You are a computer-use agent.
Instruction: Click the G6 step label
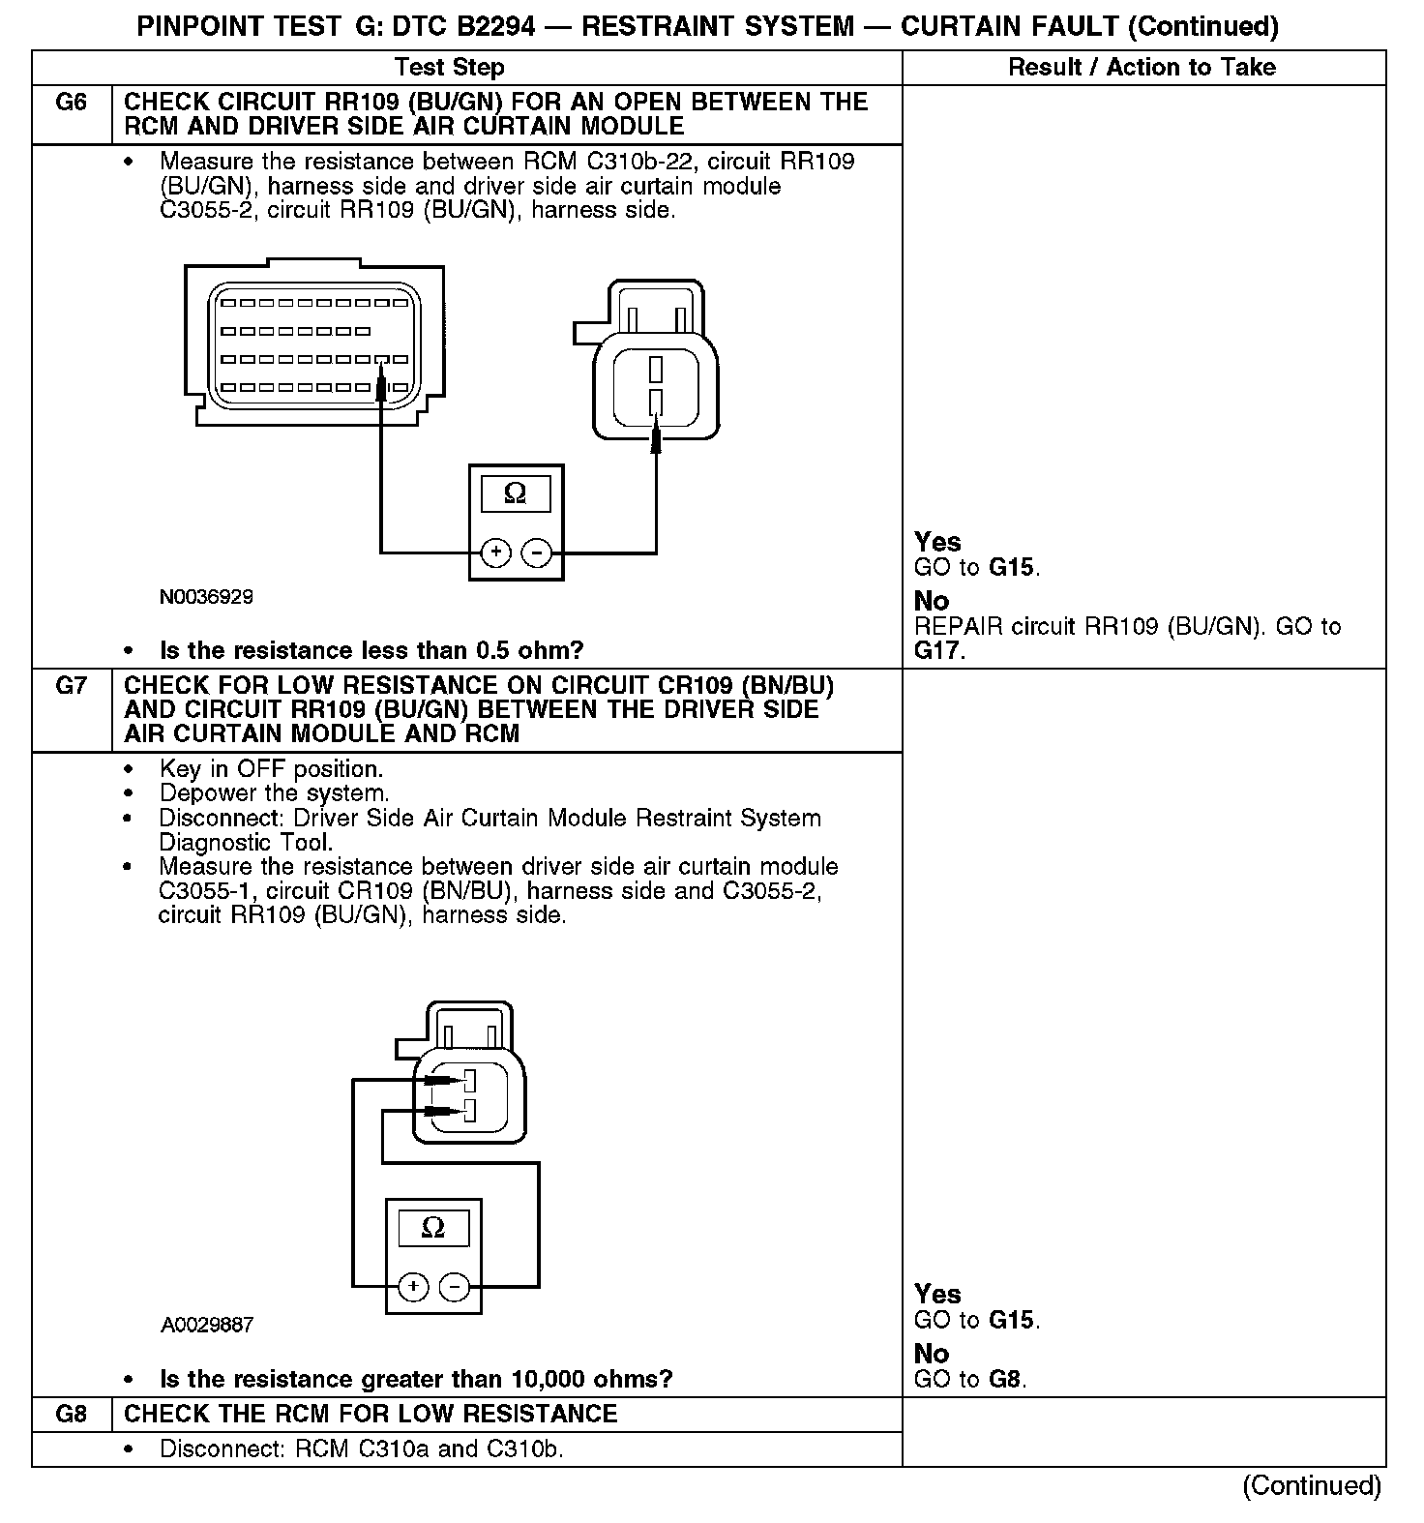coord(72,103)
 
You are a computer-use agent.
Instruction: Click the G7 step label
coord(72,686)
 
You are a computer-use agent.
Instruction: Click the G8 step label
coord(72,1414)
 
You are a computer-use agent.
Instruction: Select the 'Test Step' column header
coord(449,67)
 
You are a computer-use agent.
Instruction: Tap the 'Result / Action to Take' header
coord(1142,67)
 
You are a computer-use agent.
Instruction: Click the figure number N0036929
coord(206,597)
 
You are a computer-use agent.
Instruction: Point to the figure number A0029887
coord(207,1325)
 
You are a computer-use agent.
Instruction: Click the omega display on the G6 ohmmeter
coord(516,494)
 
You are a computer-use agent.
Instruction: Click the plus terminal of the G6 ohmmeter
coord(495,552)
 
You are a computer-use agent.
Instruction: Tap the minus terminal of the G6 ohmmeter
coord(536,552)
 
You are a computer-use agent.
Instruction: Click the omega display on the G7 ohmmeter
coord(433,1229)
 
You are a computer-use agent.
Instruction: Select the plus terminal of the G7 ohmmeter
coord(413,1287)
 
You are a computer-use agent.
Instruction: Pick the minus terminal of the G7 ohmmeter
coord(454,1287)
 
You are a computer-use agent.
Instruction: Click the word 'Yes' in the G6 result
coord(937,542)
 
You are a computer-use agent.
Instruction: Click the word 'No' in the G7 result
coord(932,1354)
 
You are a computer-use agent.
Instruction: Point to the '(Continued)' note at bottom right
coord(1312,1485)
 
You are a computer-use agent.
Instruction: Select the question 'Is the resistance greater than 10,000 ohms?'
coord(416,1379)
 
